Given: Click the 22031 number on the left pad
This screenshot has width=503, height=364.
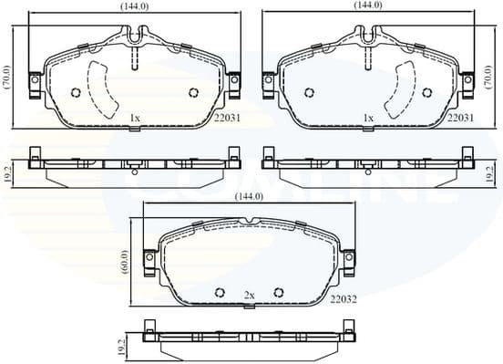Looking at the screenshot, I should click(x=226, y=119).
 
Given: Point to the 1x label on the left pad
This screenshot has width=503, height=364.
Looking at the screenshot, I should click(x=134, y=118).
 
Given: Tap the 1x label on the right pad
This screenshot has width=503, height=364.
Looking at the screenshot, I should click(x=368, y=118).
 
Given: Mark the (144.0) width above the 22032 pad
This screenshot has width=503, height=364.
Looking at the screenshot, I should click(x=250, y=197).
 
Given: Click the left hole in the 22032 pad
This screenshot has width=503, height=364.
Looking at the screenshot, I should click(x=220, y=292).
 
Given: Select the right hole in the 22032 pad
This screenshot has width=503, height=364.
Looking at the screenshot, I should click(x=279, y=292).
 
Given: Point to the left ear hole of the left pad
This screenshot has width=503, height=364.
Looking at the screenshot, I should click(x=36, y=80).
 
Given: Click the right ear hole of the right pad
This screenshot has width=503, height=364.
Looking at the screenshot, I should click(x=467, y=80).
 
